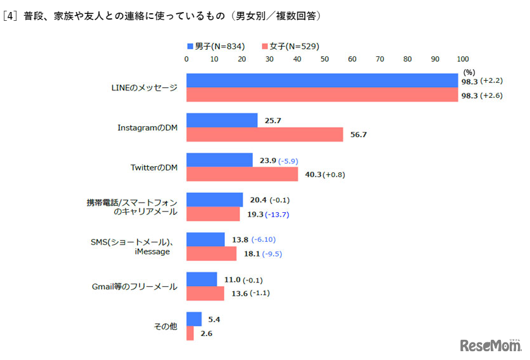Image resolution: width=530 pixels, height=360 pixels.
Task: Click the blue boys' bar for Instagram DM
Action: coord(222,120)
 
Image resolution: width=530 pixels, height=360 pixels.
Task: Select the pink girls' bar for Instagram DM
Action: coord(265,135)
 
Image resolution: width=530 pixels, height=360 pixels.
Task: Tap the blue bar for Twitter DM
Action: coord(219,160)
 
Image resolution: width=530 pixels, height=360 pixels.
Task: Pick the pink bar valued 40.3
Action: coord(242,174)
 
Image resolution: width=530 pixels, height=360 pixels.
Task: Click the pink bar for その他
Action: coord(190,333)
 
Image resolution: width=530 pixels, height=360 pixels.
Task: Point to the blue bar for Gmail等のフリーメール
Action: coord(202,279)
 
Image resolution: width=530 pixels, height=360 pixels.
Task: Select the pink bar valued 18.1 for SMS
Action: coord(211,254)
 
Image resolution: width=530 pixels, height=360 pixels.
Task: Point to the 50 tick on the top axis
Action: coord(325,59)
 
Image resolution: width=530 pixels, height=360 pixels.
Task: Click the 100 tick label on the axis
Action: coord(463,59)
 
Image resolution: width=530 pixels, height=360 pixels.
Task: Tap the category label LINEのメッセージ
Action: coord(140,87)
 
